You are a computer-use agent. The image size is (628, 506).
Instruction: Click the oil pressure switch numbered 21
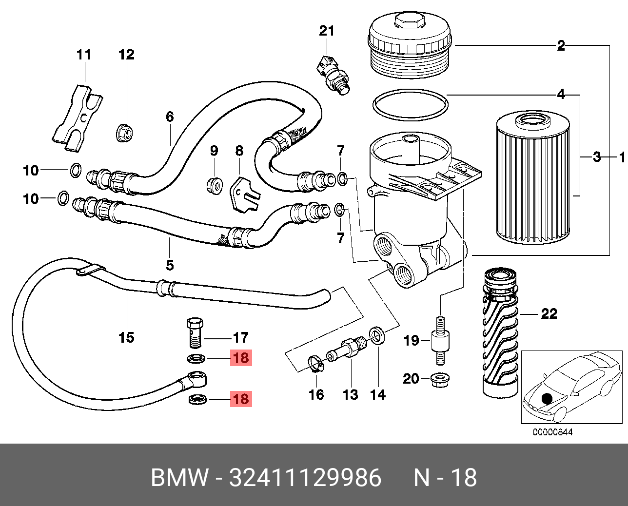[x=333, y=76]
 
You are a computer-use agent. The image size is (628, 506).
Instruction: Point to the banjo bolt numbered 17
[x=195, y=333]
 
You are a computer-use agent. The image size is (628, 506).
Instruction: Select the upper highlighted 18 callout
[x=241, y=357]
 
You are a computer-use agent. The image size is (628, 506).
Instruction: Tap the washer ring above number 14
[x=377, y=335]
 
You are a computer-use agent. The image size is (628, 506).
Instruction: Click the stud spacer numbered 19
[x=440, y=340]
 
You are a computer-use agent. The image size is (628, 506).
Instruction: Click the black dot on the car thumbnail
[x=547, y=398]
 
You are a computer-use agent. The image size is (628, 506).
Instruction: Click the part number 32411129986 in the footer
[x=305, y=478]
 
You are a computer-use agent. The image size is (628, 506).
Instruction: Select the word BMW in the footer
[x=180, y=478]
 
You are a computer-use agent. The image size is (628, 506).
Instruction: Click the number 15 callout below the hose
[x=126, y=337]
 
